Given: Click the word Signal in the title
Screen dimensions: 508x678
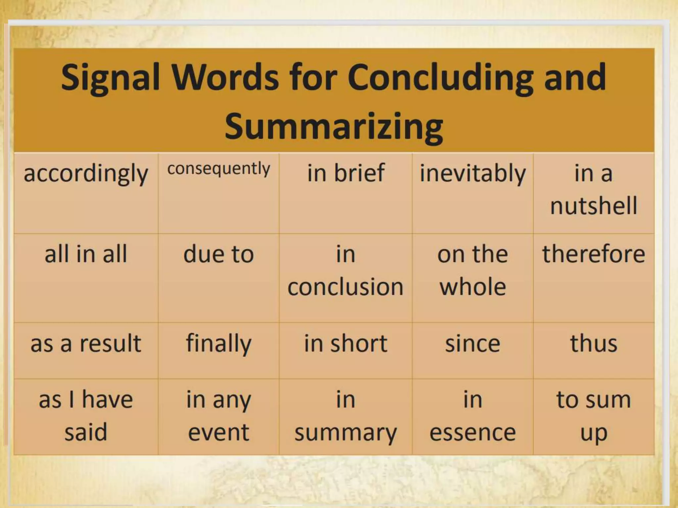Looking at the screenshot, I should click(x=111, y=78).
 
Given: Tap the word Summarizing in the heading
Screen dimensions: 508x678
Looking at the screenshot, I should click(x=334, y=127).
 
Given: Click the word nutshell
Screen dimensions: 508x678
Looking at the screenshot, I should click(x=594, y=205).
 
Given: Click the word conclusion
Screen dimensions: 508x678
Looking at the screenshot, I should click(x=346, y=286).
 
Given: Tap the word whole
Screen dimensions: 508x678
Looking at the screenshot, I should click(x=473, y=286).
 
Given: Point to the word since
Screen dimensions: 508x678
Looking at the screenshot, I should click(x=473, y=343).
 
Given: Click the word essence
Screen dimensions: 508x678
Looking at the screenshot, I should click(x=473, y=432).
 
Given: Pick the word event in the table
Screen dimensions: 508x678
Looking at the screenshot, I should click(x=218, y=432).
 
